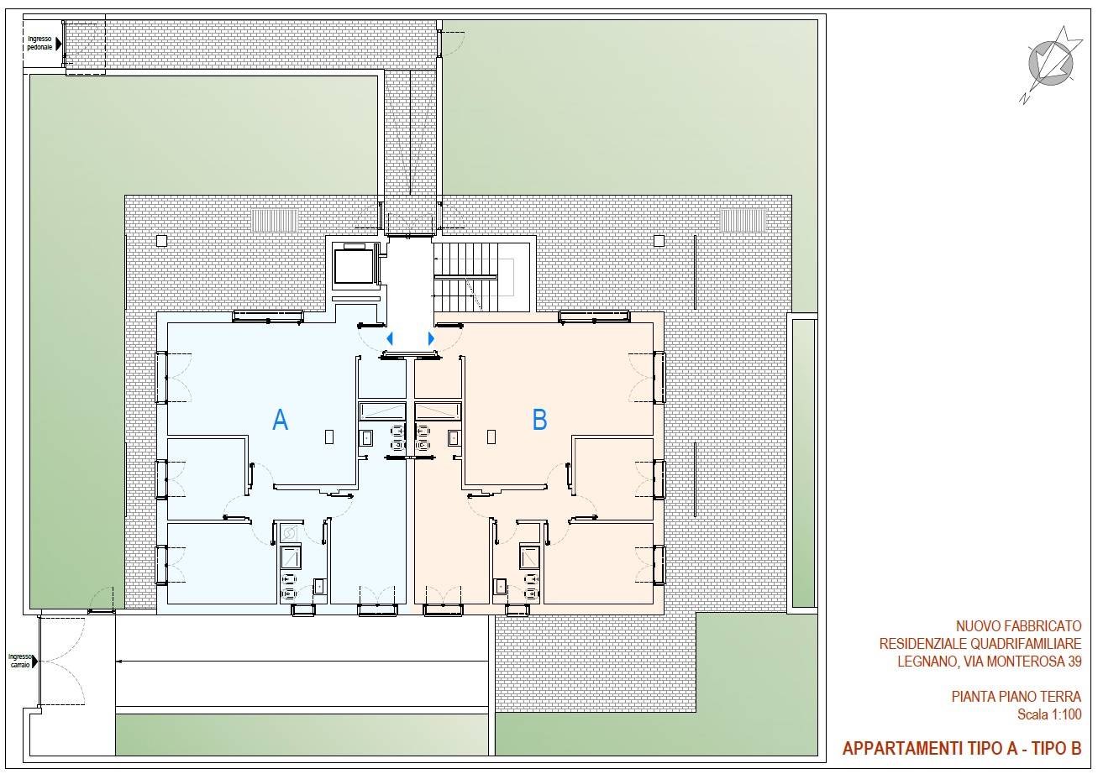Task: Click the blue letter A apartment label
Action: [281, 420]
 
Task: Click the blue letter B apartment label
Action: [540, 419]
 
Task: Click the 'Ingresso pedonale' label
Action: [39, 43]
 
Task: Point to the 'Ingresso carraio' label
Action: [19, 660]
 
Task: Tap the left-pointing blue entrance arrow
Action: [389, 338]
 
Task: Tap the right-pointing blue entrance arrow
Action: [431, 338]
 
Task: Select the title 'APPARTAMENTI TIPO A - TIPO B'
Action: [961, 748]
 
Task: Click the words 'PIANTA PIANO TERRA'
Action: [1016, 697]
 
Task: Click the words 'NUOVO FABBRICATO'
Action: [1018, 626]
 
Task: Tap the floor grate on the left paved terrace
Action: [276, 221]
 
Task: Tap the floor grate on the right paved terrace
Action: [743, 221]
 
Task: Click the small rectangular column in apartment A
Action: [329, 437]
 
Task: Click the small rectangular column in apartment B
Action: [491, 437]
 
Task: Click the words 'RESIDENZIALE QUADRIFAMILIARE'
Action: [980, 644]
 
